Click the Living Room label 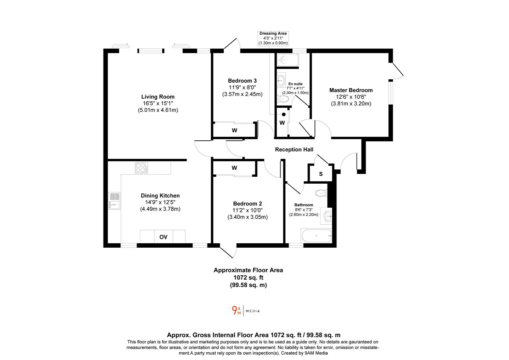pos(158,97)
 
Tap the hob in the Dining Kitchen pos(141,168)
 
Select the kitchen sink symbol pos(114,201)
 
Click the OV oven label pos(163,237)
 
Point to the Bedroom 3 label pos(242,81)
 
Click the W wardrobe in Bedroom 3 pos(235,130)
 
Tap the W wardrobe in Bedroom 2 pos(235,168)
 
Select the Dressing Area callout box pos(273,38)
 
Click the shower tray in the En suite pos(287,60)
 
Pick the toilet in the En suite pos(283,99)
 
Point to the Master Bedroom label pos(351,90)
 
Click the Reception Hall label pos(294,149)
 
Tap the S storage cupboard pos(321,174)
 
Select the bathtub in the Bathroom pos(316,236)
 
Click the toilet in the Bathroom pos(321,193)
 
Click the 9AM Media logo pos(246,311)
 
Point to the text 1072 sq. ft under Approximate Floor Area pos(249,277)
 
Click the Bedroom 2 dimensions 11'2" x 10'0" pos(248,210)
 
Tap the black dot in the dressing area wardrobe pos(283,114)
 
